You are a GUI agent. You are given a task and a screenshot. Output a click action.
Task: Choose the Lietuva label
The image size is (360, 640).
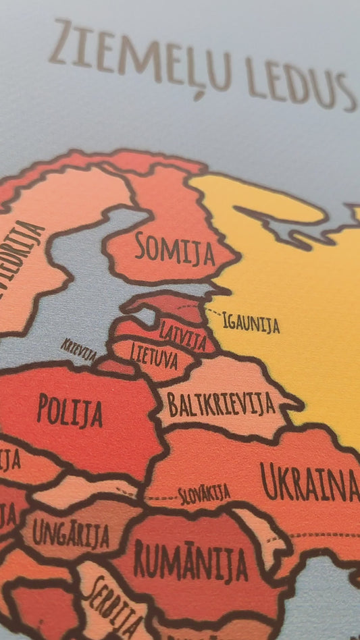click(155, 355)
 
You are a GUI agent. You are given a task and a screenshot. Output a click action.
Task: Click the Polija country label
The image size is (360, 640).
click(70, 410)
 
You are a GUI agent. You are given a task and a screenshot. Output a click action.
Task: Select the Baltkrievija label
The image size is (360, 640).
click(221, 403)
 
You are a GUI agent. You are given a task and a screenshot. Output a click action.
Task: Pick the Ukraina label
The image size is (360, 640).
click(309, 481)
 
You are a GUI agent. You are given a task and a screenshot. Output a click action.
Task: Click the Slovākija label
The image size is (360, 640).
click(204, 494)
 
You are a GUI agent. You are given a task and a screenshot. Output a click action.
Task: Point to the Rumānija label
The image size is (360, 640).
click(190, 560)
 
